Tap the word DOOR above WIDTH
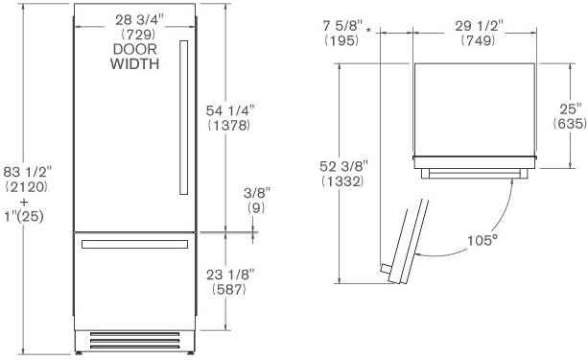click(x=135, y=49)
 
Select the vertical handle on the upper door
click(x=184, y=117)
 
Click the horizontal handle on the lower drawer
click(x=134, y=245)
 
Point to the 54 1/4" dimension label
click(x=230, y=110)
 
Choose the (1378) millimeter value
click(x=228, y=126)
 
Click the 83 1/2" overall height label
click(x=28, y=172)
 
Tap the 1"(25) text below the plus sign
click(x=24, y=217)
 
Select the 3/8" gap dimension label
click(x=257, y=193)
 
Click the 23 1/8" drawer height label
click(x=230, y=276)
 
